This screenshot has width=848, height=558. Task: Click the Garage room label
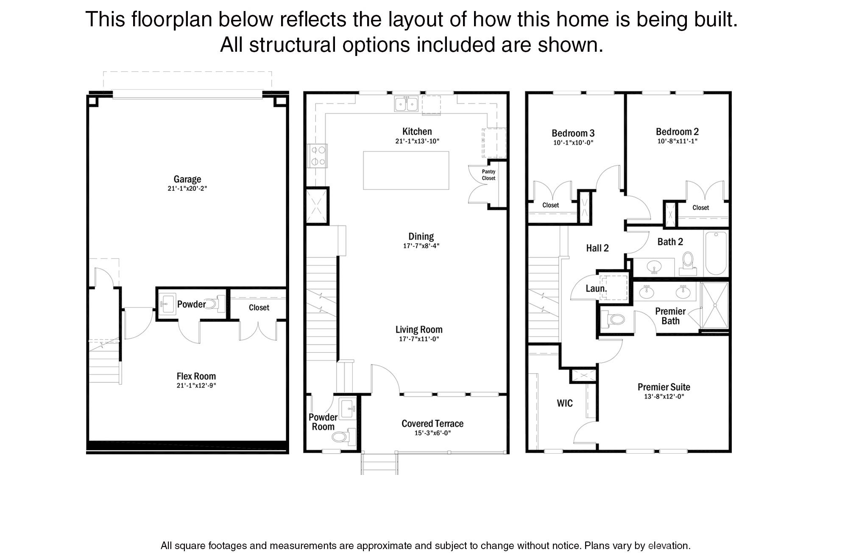tap(187, 179)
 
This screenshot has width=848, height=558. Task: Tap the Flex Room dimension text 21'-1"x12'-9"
tap(196, 385)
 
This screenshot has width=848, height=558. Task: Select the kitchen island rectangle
tap(406, 170)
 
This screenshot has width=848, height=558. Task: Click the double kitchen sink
tap(406, 103)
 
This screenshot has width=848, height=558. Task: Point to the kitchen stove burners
tap(318, 156)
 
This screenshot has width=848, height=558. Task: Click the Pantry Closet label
tap(488, 175)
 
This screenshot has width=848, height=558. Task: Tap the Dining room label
tap(421, 237)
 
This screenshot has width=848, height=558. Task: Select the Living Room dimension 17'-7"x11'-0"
tap(419, 339)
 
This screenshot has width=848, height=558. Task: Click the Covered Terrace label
tap(432, 423)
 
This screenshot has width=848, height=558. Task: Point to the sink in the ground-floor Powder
tap(167, 304)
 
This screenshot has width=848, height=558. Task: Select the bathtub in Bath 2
tap(716, 253)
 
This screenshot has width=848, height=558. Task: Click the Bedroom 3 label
tap(573, 133)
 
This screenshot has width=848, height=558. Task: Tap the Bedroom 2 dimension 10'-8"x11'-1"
tap(677, 141)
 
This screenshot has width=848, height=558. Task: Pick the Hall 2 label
tap(597, 248)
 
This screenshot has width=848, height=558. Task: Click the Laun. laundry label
tap(596, 289)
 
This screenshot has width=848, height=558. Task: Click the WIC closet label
tap(564, 403)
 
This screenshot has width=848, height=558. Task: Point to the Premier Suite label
tap(664, 387)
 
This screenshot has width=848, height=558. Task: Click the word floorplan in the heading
tap(171, 20)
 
